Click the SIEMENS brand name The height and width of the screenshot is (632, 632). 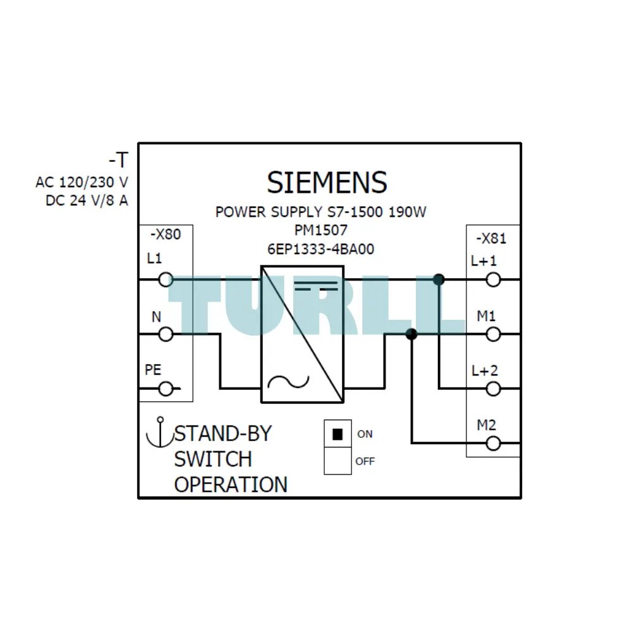pos(327,182)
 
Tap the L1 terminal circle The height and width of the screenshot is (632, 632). pos(166,279)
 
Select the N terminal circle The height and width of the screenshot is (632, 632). pos(166,334)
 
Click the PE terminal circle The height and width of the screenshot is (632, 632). pos(166,389)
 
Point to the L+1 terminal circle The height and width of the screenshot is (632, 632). pos(494,279)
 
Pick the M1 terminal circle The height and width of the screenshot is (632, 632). pos(494,334)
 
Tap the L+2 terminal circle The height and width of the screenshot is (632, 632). pos(494,389)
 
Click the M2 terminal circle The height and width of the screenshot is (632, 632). pos(494,444)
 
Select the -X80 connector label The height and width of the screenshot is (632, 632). pos(166,234)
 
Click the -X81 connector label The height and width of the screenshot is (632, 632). pos(491,238)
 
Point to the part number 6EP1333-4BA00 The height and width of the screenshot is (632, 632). pos(321,249)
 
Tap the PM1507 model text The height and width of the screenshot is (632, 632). pos(321,230)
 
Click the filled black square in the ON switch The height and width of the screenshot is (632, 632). pos(337,434)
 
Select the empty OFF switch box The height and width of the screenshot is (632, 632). pos(337,461)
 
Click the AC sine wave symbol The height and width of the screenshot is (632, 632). pos(288,382)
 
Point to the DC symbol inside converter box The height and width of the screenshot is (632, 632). pos(315,286)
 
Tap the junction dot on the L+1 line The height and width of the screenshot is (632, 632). pos(439,279)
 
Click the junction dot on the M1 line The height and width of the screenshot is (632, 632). pos(411,334)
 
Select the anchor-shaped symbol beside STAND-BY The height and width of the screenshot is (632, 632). pos(160,433)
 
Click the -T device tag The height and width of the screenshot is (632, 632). pos(119,160)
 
